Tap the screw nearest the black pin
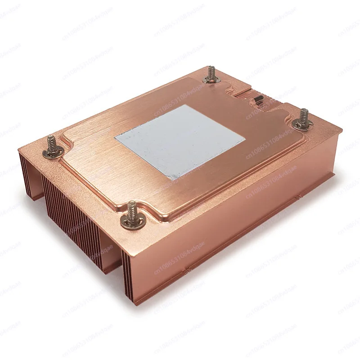click(x=303, y=118)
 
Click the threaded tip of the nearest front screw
click(x=131, y=207)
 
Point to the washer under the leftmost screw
click(x=51, y=153)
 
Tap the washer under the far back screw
click(x=210, y=81)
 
